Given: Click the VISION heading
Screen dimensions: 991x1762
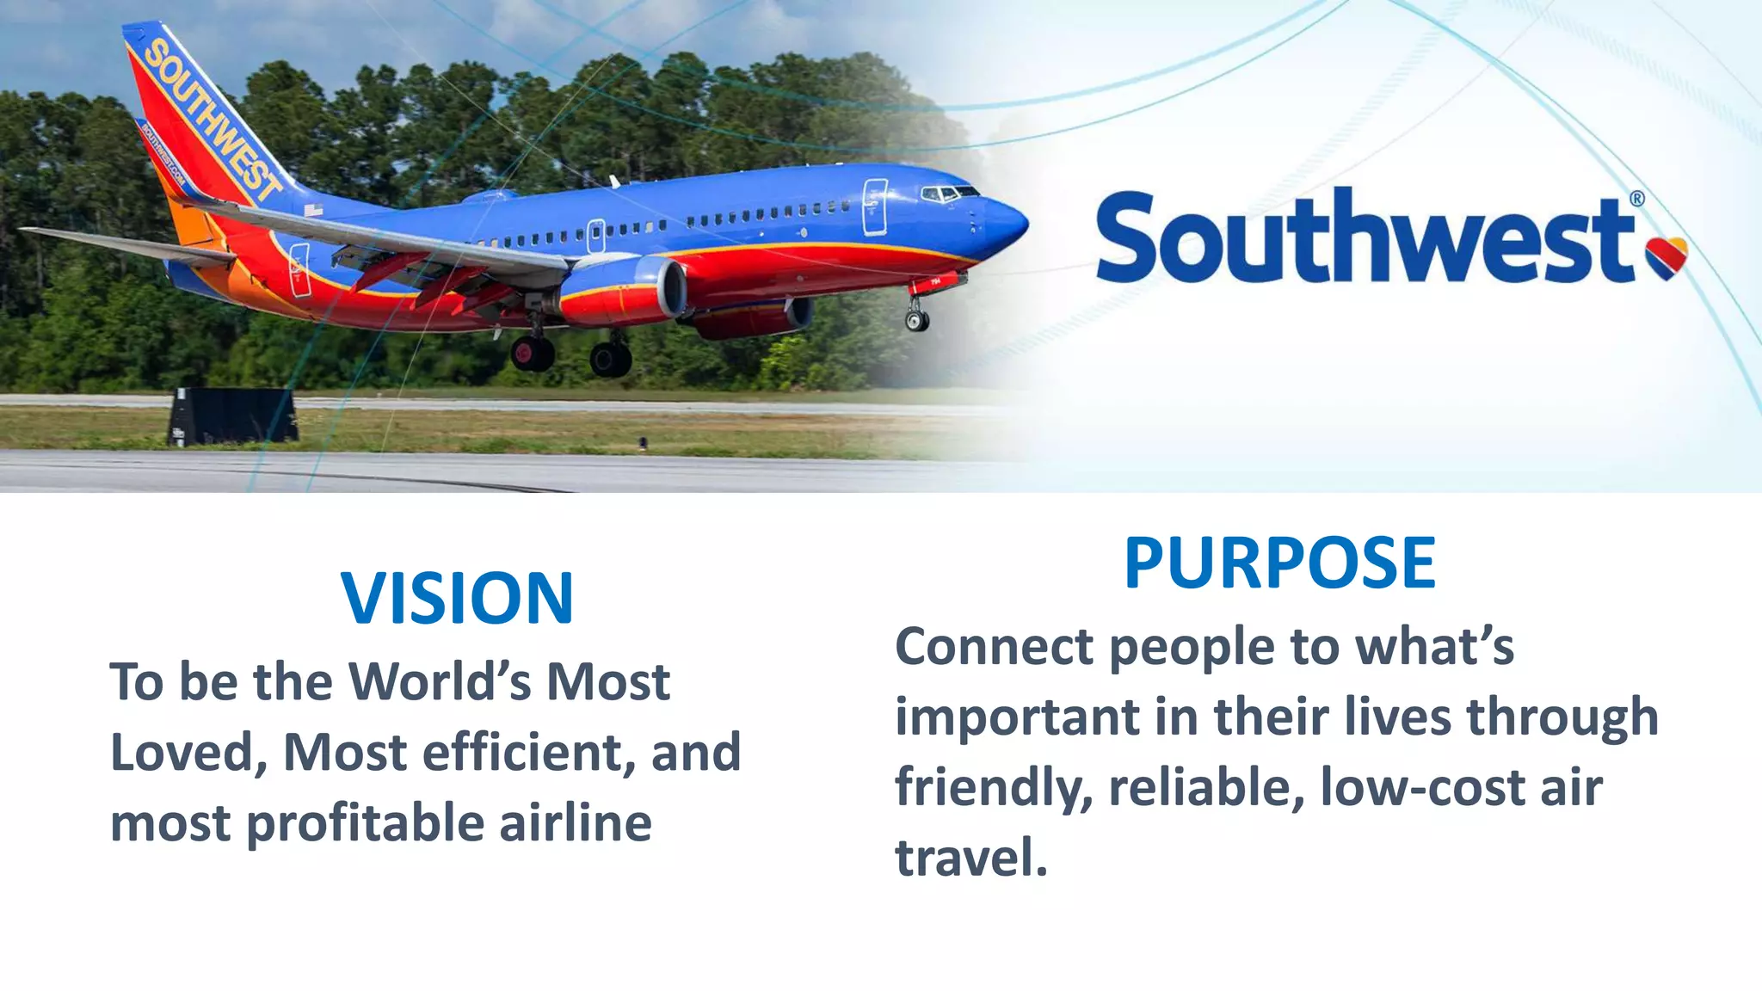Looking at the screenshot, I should click(457, 598).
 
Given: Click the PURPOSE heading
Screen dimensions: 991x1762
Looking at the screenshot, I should click(1279, 563).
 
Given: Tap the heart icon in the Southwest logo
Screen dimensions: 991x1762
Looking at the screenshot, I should click(1667, 257).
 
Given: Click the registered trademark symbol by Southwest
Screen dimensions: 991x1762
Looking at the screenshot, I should click(1637, 199).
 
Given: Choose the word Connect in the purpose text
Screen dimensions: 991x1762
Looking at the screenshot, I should click(994, 647).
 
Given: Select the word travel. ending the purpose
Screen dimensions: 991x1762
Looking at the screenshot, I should click(971, 858).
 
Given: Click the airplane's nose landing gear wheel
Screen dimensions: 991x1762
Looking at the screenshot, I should click(917, 321).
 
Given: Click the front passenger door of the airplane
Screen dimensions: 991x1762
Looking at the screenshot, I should click(874, 206).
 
